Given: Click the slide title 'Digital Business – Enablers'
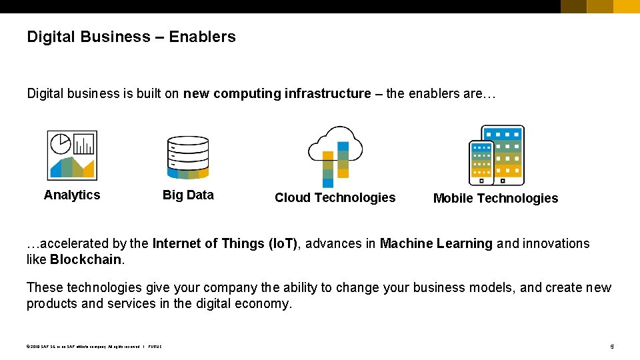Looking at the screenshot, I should point(131,37).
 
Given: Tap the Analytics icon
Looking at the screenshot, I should point(72,155).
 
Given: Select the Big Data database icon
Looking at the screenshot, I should point(188,158).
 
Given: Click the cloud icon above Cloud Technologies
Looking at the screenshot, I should point(335,155).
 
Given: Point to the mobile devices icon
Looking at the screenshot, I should point(497,155).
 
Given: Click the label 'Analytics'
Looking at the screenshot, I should point(72,195).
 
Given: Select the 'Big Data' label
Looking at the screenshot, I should point(188,195).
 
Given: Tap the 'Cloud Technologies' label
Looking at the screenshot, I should point(335,197).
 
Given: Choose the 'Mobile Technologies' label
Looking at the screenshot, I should point(495,198).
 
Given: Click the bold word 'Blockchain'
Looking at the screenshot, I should point(86,259).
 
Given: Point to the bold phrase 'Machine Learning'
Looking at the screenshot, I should point(436,243).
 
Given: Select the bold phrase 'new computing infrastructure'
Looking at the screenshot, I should point(277,93).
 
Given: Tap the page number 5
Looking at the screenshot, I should point(612,347).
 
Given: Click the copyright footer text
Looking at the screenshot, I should point(94,347).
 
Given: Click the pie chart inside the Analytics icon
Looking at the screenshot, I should point(61,144).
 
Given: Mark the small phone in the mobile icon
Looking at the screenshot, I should point(481,163).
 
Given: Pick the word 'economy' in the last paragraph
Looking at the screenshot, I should point(267,304).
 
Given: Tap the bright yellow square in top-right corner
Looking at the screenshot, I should point(626,7).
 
